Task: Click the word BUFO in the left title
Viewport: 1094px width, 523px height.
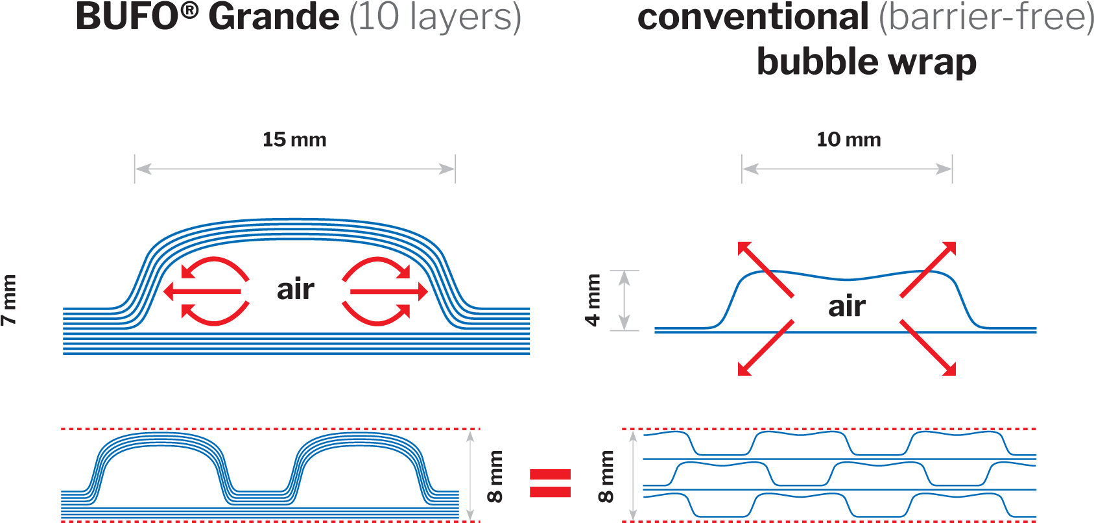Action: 127,17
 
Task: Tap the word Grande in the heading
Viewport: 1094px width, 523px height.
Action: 274,18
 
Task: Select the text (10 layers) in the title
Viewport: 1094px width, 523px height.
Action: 435,18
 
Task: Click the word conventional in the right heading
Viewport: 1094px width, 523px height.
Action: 753,18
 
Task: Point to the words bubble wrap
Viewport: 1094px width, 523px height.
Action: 866,62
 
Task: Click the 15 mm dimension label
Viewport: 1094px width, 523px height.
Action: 294,140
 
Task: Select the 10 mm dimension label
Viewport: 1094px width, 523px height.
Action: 848,140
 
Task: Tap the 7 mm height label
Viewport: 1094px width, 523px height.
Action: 9,300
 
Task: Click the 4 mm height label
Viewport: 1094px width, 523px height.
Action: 593,300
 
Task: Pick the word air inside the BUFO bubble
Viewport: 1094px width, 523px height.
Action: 296,289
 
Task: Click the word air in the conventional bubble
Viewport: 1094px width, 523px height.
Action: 847,306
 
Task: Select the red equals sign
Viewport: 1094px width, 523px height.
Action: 550,483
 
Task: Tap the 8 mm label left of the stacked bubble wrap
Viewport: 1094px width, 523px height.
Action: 606,477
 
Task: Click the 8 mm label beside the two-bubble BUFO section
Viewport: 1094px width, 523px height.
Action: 495,477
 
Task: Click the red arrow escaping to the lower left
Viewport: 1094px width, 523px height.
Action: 765,348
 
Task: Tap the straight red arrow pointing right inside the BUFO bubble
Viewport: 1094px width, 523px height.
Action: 388,292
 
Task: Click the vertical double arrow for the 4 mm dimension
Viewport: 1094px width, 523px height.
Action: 624,300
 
